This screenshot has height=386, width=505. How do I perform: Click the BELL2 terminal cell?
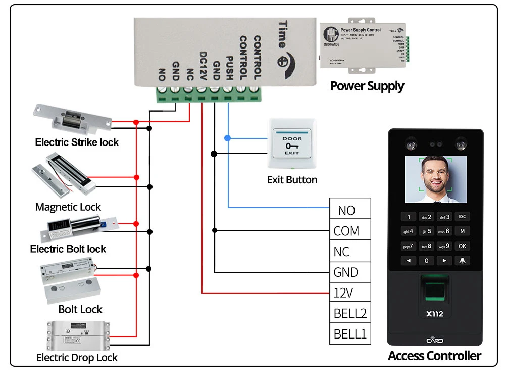coord(350,313)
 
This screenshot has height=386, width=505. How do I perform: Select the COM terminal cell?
coord(350,231)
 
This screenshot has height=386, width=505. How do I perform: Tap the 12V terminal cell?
coord(350,293)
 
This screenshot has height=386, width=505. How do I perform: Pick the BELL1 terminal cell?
coord(350,334)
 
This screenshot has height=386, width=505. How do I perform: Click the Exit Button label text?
coord(292,180)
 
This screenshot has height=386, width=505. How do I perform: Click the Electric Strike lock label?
coord(77,142)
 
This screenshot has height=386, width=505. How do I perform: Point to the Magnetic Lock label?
coord(68,207)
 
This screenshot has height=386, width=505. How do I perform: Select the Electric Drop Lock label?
coord(77,358)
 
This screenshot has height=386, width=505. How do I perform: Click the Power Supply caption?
coord(367,86)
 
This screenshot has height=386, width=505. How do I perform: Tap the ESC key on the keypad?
coord(462,217)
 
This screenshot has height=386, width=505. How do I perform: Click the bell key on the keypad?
coord(462,261)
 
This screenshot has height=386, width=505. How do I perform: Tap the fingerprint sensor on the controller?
coord(434,291)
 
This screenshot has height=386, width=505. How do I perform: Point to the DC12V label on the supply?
coord(203,66)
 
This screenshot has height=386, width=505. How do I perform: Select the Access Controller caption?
coord(434,356)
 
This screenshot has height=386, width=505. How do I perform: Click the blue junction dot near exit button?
coord(227,137)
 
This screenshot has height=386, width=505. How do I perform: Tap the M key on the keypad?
coord(462,231)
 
